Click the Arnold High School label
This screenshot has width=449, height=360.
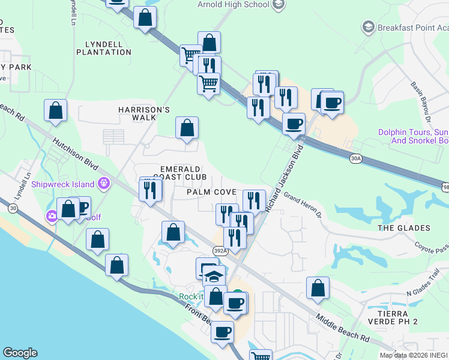(x=234, y=5)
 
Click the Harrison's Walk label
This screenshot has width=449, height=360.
(x=144, y=114)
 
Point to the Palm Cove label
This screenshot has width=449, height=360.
(x=211, y=192)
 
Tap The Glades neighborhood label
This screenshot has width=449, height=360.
(x=404, y=228)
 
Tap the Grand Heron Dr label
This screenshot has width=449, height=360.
(x=303, y=205)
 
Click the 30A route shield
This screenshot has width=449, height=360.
(x=356, y=158)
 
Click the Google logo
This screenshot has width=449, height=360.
(x=20, y=353)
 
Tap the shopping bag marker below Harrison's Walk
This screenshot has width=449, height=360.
(x=187, y=128)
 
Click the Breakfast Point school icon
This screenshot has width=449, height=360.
(x=368, y=27)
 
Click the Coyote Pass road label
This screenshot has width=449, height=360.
(x=432, y=248)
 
